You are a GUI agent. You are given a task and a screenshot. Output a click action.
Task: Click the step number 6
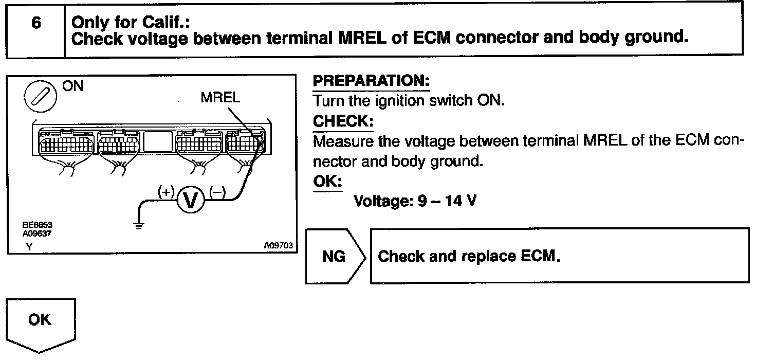(35, 23)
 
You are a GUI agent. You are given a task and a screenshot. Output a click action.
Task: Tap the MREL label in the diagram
(220, 98)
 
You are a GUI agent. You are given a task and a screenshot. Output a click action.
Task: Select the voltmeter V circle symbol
(191, 200)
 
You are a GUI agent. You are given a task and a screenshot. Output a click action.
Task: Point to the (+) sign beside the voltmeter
(167, 192)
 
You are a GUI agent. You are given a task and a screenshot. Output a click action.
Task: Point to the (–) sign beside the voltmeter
(217, 192)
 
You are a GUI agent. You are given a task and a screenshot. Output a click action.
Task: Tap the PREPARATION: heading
(371, 82)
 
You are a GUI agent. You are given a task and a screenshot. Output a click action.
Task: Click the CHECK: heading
(343, 121)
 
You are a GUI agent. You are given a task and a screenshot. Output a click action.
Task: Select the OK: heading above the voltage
(327, 183)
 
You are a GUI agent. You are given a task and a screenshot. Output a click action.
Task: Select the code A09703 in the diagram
(278, 246)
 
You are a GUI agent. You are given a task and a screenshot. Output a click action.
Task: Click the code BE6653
(37, 225)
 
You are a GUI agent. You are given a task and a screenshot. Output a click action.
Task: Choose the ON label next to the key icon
(72, 86)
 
